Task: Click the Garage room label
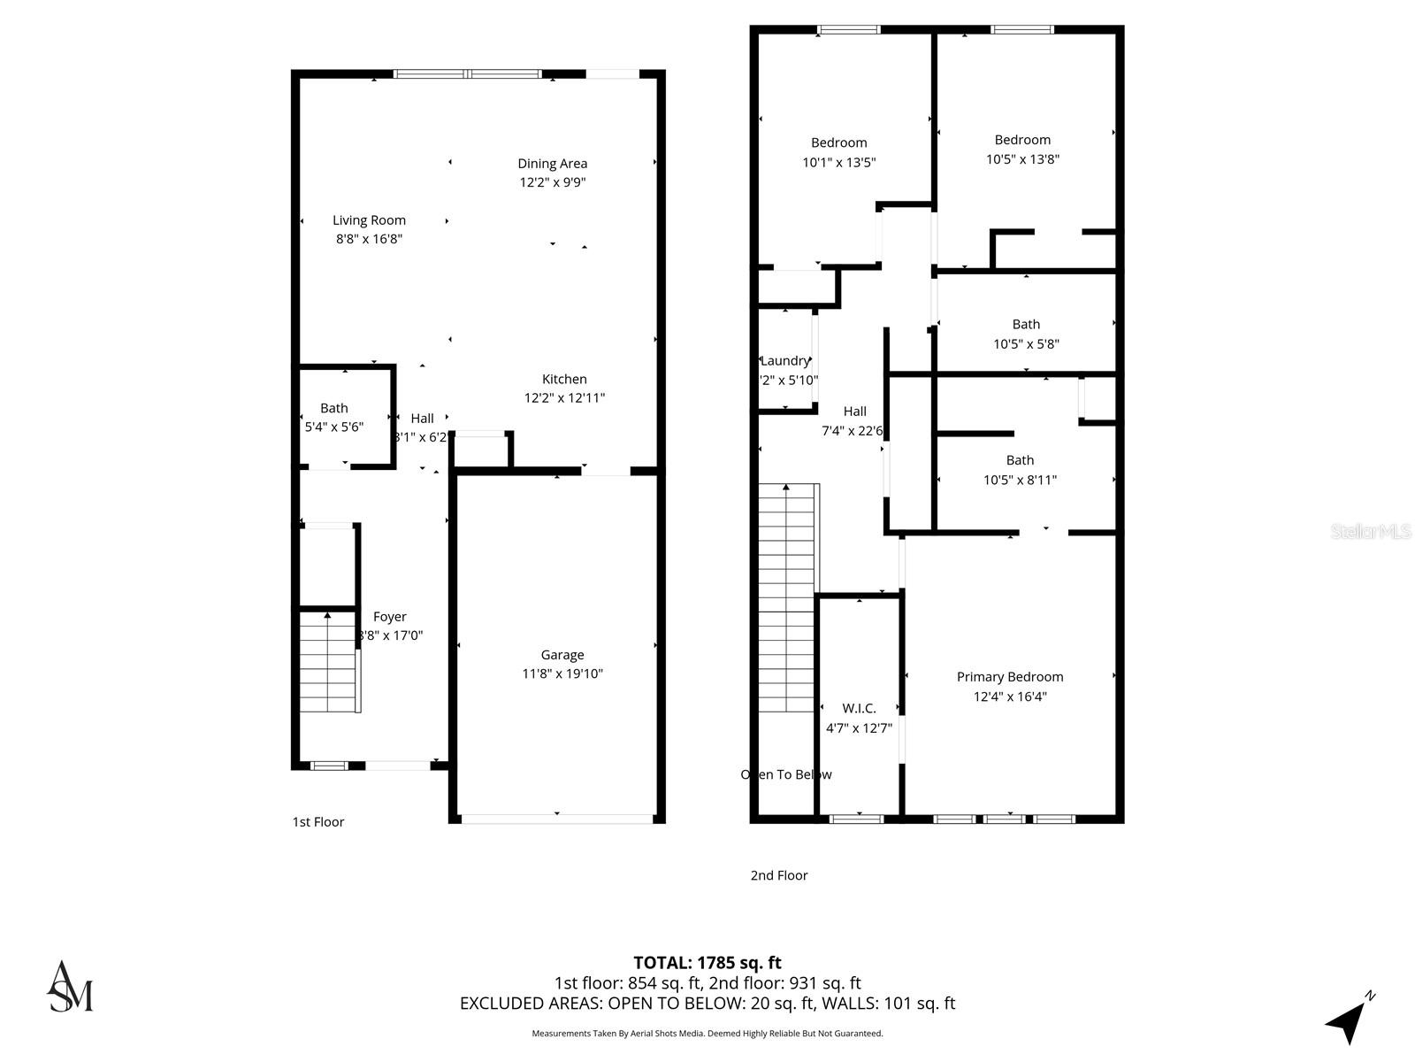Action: (x=562, y=655)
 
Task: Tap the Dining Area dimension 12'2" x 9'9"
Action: (x=553, y=182)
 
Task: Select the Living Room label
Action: (x=369, y=220)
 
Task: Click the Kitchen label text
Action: (x=564, y=379)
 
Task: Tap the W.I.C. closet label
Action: (x=859, y=708)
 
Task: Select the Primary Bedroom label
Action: (x=1010, y=677)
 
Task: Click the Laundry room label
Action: (x=784, y=360)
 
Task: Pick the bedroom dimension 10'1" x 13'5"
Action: (x=838, y=162)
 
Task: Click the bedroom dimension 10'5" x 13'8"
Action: (x=1022, y=159)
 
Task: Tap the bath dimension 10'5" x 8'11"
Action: (x=1020, y=480)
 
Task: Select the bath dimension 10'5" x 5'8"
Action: (x=1026, y=343)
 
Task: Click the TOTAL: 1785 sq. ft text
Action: (x=707, y=962)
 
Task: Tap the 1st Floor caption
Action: (x=318, y=822)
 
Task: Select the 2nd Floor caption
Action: (x=779, y=875)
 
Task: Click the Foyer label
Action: (x=390, y=617)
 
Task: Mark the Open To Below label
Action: (x=786, y=774)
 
